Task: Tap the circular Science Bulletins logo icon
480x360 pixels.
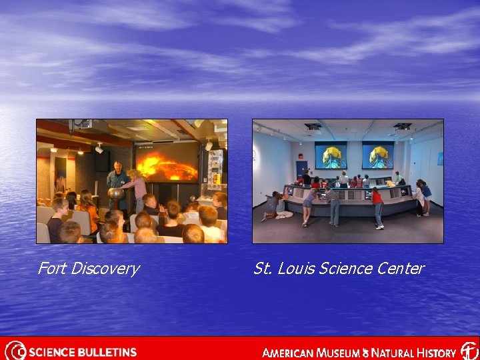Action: click(15, 351)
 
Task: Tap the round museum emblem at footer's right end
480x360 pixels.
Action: click(469, 351)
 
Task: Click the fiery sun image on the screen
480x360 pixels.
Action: click(167, 165)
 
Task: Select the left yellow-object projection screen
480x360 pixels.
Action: click(331, 155)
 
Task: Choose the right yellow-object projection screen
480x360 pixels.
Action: click(377, 155)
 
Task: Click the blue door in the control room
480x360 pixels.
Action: click(301, 169)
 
